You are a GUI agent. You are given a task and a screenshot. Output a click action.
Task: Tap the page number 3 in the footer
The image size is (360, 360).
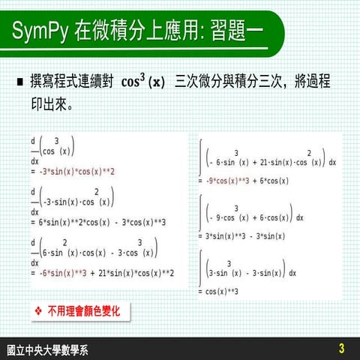pyautogui.click(x=341, y=348)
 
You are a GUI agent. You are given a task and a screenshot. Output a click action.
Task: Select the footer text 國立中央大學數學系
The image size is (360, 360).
pyautogui.click(x=46, y=349)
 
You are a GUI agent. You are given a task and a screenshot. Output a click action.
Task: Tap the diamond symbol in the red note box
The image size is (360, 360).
pyautogui.click(x=39, y=309)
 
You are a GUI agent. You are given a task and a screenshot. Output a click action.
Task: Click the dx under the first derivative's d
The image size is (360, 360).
pyautogui.click(x=34, y=160)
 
